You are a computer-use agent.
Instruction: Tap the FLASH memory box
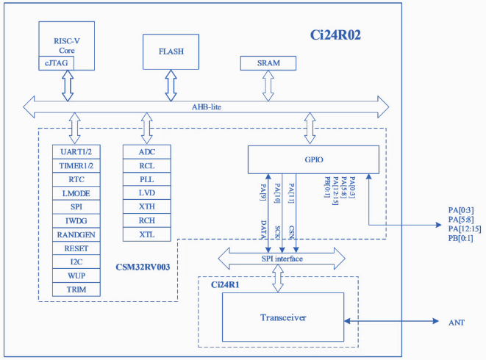point(171,52)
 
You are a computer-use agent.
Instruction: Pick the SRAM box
point(268,63)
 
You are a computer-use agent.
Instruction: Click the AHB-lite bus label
point(207,107)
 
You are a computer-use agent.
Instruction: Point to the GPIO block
point(313,159)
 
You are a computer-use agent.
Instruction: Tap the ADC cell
point(146,151)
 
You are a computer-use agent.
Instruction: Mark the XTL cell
point(146,234)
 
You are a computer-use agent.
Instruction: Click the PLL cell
point(146,179)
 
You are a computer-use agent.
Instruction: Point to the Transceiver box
point(283,317)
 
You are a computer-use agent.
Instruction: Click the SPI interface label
point(283,259)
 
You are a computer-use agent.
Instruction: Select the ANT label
point(456,323)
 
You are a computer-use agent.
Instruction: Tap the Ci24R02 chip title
point(335,35)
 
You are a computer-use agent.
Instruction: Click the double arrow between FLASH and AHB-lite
point(171,85)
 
